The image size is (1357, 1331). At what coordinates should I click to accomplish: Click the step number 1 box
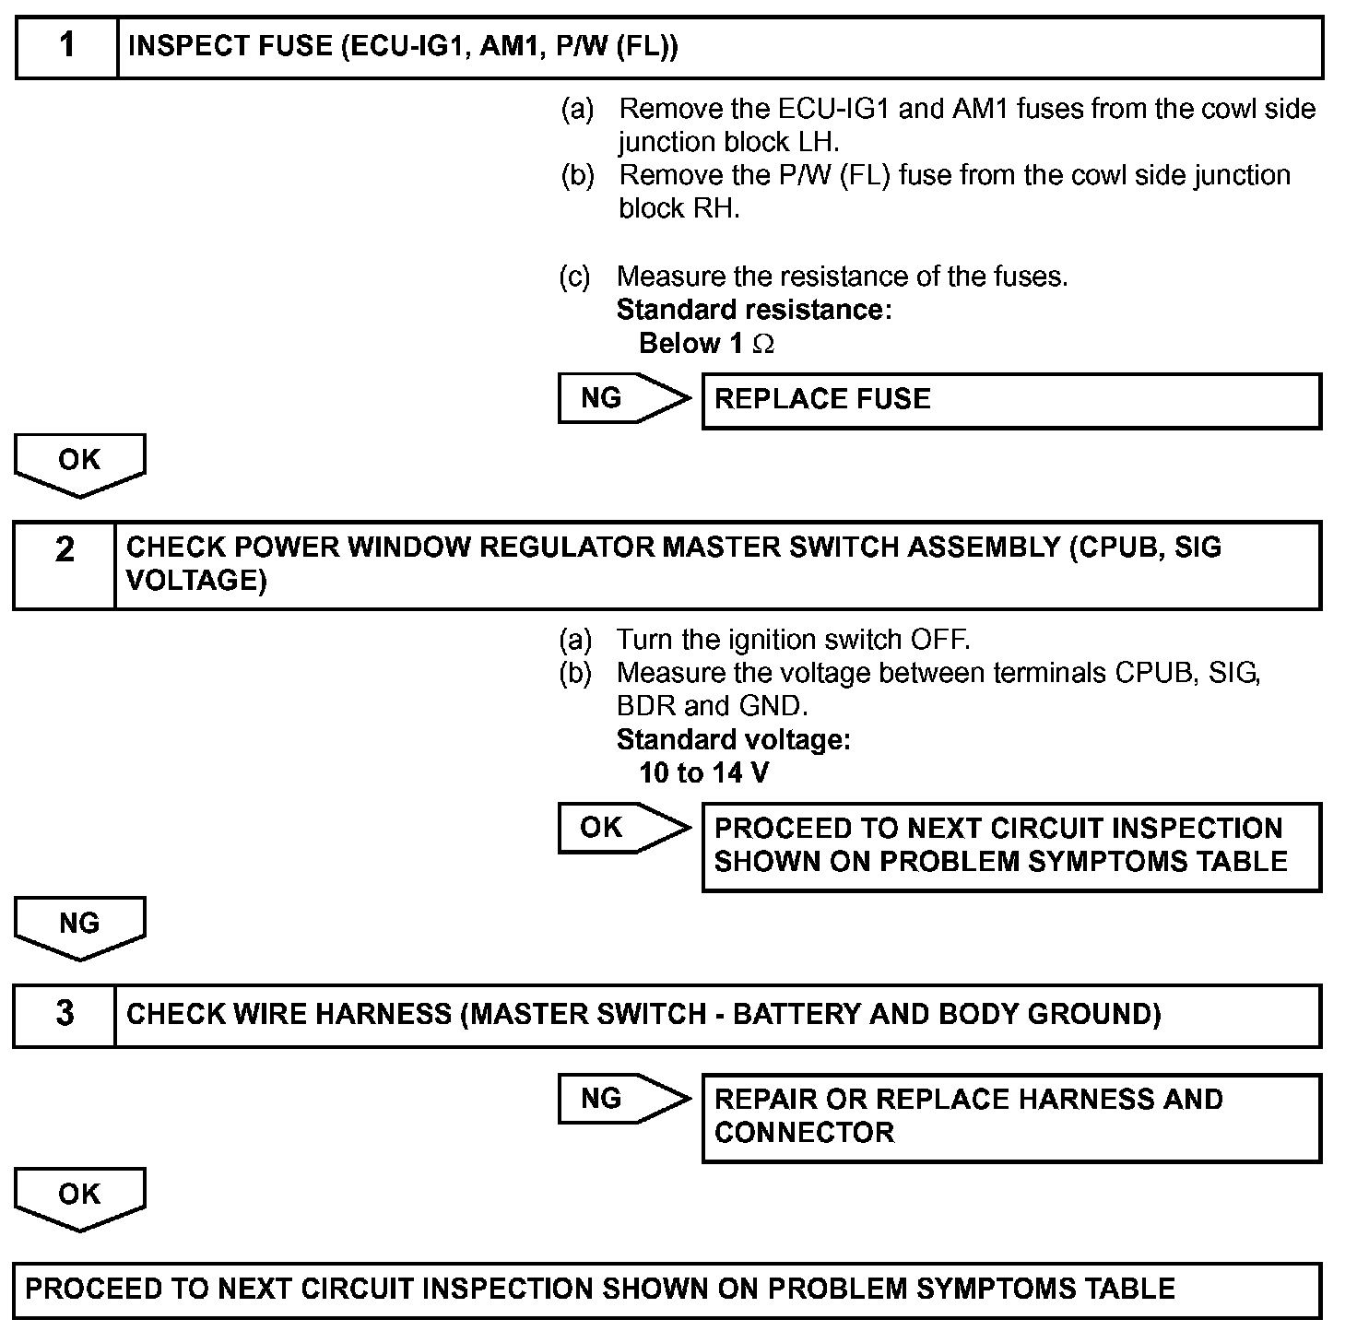pos(67,46)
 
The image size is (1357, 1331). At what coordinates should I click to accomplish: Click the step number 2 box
pos(65,564)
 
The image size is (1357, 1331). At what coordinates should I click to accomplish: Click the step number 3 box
pos(65,1014)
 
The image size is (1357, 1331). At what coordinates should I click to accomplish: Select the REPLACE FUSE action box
pos(1011,400)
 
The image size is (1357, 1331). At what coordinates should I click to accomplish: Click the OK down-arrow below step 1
pos(80,464)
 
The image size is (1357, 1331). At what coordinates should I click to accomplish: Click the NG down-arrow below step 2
pos(80,926)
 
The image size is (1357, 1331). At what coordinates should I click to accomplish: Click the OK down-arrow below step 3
pos(80,1197)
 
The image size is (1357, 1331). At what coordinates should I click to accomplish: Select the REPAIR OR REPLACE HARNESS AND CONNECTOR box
pos(1011,1116)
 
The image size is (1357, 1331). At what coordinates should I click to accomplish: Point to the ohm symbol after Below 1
pos(763,344)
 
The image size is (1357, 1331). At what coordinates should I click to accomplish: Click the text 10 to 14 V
pos(703,772)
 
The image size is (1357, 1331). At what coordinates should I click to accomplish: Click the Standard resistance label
pos(753,310)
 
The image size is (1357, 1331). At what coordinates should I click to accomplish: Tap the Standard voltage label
pos(733,739)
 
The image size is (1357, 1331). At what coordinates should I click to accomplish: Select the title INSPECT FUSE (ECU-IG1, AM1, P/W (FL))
pos(403,46)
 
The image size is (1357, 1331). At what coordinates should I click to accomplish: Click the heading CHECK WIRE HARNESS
pos(643,1014)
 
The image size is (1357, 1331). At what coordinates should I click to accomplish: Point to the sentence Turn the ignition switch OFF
pos(793,639)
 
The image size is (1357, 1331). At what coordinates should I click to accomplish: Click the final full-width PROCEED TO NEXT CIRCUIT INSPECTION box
pos(667,1289)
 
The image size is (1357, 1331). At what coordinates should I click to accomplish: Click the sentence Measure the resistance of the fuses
pos(842,277)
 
